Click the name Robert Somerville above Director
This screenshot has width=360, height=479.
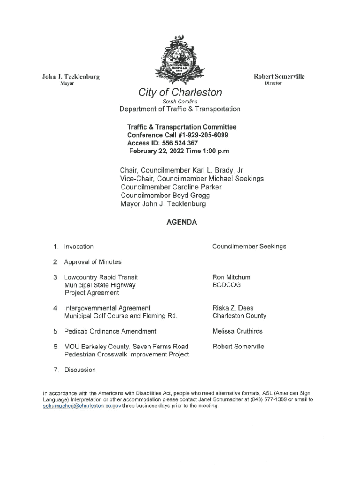tap(279, 76)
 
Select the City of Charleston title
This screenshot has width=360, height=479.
tap(180, 93)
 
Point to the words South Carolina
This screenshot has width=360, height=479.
tap(180, 102)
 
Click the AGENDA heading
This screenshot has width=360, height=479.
tap(181, 222)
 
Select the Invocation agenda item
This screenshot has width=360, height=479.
tap(79, 247)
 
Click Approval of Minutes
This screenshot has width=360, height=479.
tap(93, 262)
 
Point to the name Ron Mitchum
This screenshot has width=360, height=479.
tap(231, 277)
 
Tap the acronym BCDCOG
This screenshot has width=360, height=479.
tap(227, 284)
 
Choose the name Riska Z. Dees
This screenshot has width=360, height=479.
tap(233, 308)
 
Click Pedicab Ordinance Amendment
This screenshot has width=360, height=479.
tap(110, 331)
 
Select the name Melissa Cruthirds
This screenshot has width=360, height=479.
tap(238, 331)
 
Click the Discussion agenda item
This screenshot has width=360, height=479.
tap(80, 370)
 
